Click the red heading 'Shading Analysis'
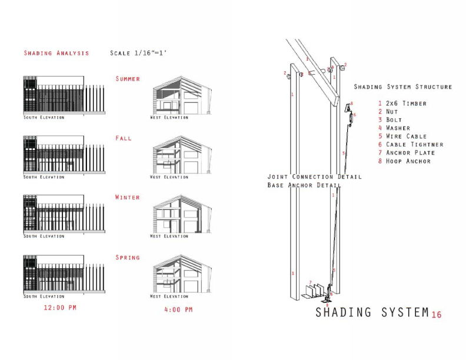click(56, 53)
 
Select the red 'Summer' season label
click(128, 79)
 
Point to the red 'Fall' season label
click(124, 138)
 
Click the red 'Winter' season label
click(128, 198)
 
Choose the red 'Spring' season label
click(128, 258)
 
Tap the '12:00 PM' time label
click(60, 308)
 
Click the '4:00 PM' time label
click(178, 309)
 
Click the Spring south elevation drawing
click(64, 274)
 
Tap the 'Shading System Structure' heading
click(402, 87)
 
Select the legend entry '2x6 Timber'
click(406, 104)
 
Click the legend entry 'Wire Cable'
click(406, 136)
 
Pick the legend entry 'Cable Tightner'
click(414, 145)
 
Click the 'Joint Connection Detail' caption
click(314, 176)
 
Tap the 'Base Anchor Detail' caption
click(304, 185)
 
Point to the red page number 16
click(436, 315)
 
